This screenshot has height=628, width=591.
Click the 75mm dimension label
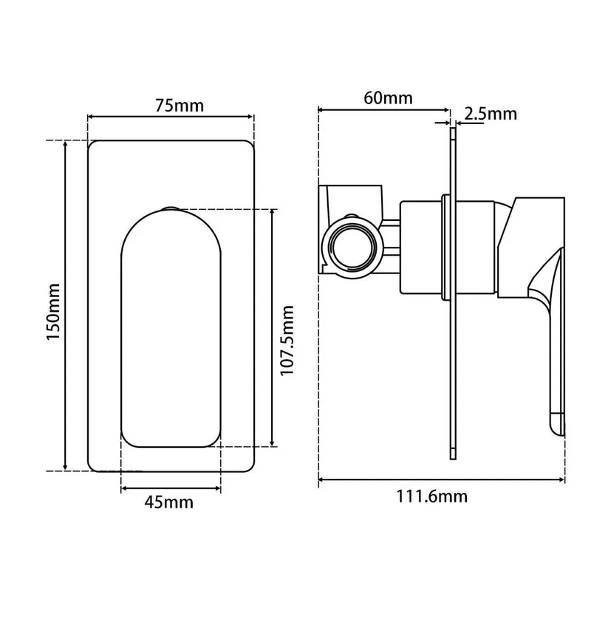(180, 106)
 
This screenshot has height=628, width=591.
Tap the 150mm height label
(53, 312)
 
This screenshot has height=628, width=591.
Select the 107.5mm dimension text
(287, 341)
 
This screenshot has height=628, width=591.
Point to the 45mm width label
(168, 502)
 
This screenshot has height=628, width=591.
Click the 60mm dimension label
(388, 98)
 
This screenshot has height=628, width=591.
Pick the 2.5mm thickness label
(491, 114)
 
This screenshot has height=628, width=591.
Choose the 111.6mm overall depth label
(431, 496)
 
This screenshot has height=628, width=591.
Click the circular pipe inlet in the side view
(353, 247)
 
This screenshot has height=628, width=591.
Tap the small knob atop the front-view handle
(171, 208)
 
